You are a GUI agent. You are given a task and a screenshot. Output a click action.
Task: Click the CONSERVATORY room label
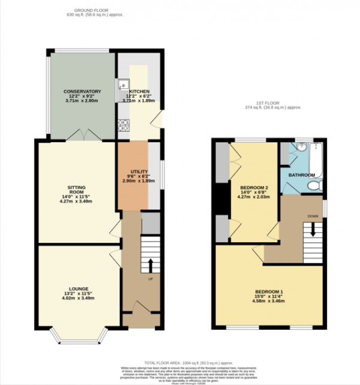point(83,91)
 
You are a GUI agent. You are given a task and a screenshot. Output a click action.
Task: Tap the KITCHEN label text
point(139,91)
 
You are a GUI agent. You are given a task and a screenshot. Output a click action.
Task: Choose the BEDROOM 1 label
point(268,292)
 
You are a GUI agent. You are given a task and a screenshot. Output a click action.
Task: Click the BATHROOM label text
point(301,175)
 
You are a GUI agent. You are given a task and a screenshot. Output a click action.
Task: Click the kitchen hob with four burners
point(124,125)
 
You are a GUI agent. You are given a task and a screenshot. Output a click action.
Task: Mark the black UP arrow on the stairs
point(149,264)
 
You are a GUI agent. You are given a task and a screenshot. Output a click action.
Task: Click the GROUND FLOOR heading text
point(98,10)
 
